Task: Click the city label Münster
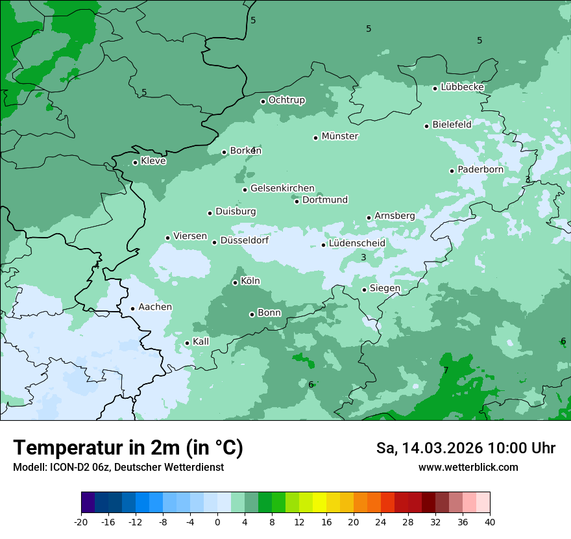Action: (340, 136)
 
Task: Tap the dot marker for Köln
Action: (235, 282)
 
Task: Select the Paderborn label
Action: (480, 169)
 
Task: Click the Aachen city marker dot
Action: (132, 309)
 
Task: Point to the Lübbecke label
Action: (462, 87)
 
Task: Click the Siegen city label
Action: (385, 288)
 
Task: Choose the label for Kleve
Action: (153, 161)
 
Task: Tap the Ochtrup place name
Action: (286, 100)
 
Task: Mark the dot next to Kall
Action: (187, 343)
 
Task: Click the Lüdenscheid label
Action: (357, 244)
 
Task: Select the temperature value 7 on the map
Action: (446, 370)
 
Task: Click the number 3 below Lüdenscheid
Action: (363, 258)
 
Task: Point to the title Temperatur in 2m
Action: (128, 447)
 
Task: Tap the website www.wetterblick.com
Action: (468, 468)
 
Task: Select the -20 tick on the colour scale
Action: (81, 522)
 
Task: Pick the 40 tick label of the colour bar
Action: (489, 522)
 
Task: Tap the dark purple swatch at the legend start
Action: (88, 502)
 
